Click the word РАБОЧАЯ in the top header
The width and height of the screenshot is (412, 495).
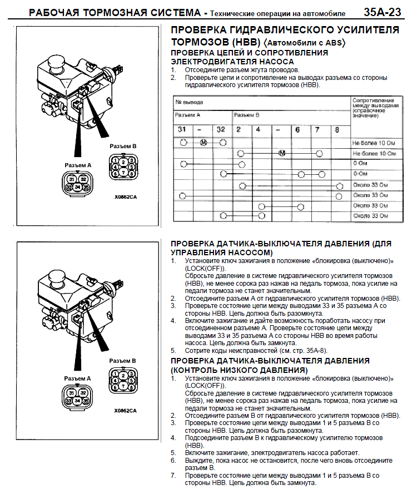click(53, 12)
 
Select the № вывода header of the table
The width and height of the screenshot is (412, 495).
click(189, 102)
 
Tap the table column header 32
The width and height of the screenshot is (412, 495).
click(221, 129)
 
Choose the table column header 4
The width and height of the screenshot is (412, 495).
click(258, 129)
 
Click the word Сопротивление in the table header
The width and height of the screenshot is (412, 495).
click(373, 99)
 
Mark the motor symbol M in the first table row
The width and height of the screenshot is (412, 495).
click(203, 143)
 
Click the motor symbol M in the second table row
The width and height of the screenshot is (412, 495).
click(281, 153)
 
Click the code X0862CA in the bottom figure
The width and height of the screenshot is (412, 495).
click(126, 411)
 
